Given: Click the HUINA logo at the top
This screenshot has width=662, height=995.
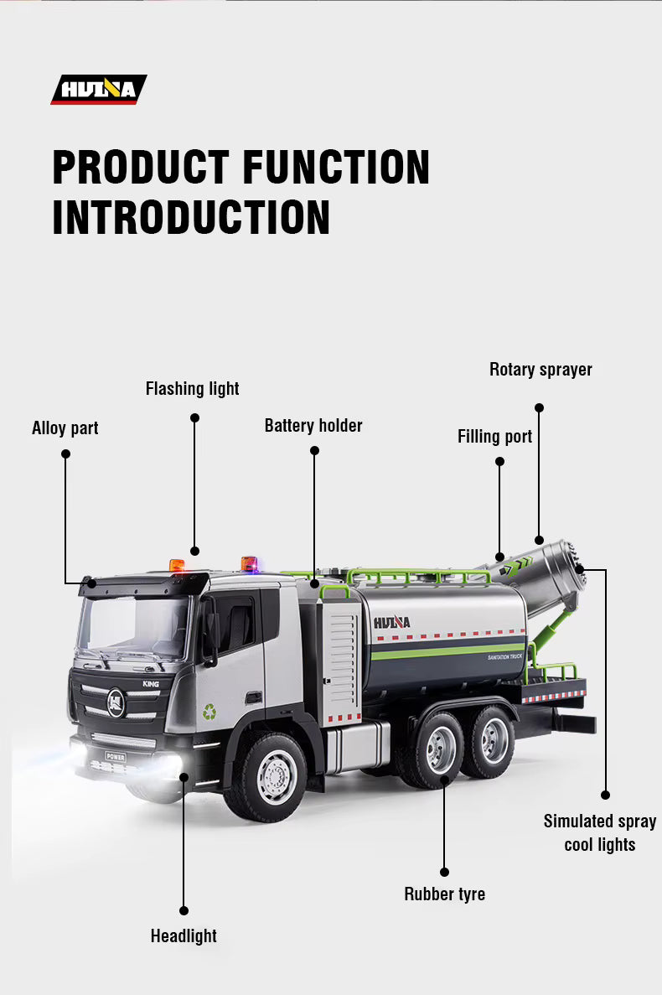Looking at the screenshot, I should [x=98, y=89].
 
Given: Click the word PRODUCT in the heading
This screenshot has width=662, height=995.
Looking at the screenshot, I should [x=140, y=167].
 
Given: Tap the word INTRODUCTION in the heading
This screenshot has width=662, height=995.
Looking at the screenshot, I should [x=190, y=216].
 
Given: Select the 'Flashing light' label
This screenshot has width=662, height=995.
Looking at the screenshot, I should [x=192, y=389].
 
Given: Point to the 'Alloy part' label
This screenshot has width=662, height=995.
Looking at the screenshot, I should [x=65, y=428].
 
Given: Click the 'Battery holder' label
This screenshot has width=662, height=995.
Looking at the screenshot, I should [x=313, y=426].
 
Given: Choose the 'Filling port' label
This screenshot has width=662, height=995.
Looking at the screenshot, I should [x=494, y=437].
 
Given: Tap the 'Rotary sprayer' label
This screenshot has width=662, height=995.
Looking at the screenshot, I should [x=540, y=370].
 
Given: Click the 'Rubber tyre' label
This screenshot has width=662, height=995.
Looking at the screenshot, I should [x=444, y=894].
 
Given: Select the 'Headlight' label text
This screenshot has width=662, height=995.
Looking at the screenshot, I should [x=184, y=936].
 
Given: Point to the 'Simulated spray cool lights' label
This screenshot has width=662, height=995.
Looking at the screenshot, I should [x=600, y=833].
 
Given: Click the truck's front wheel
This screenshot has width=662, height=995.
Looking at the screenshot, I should [x=276, y=777].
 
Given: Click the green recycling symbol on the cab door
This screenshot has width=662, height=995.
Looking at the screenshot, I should [x=209, y=712].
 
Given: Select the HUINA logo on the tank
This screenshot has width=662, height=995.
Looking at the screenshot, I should [x=392, y=622].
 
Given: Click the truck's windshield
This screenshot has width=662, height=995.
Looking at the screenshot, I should [x=134, y=626].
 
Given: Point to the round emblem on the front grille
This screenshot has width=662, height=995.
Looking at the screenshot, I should [x=116, y=702].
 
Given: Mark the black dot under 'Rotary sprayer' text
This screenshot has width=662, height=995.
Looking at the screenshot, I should [x=539, y=407].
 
